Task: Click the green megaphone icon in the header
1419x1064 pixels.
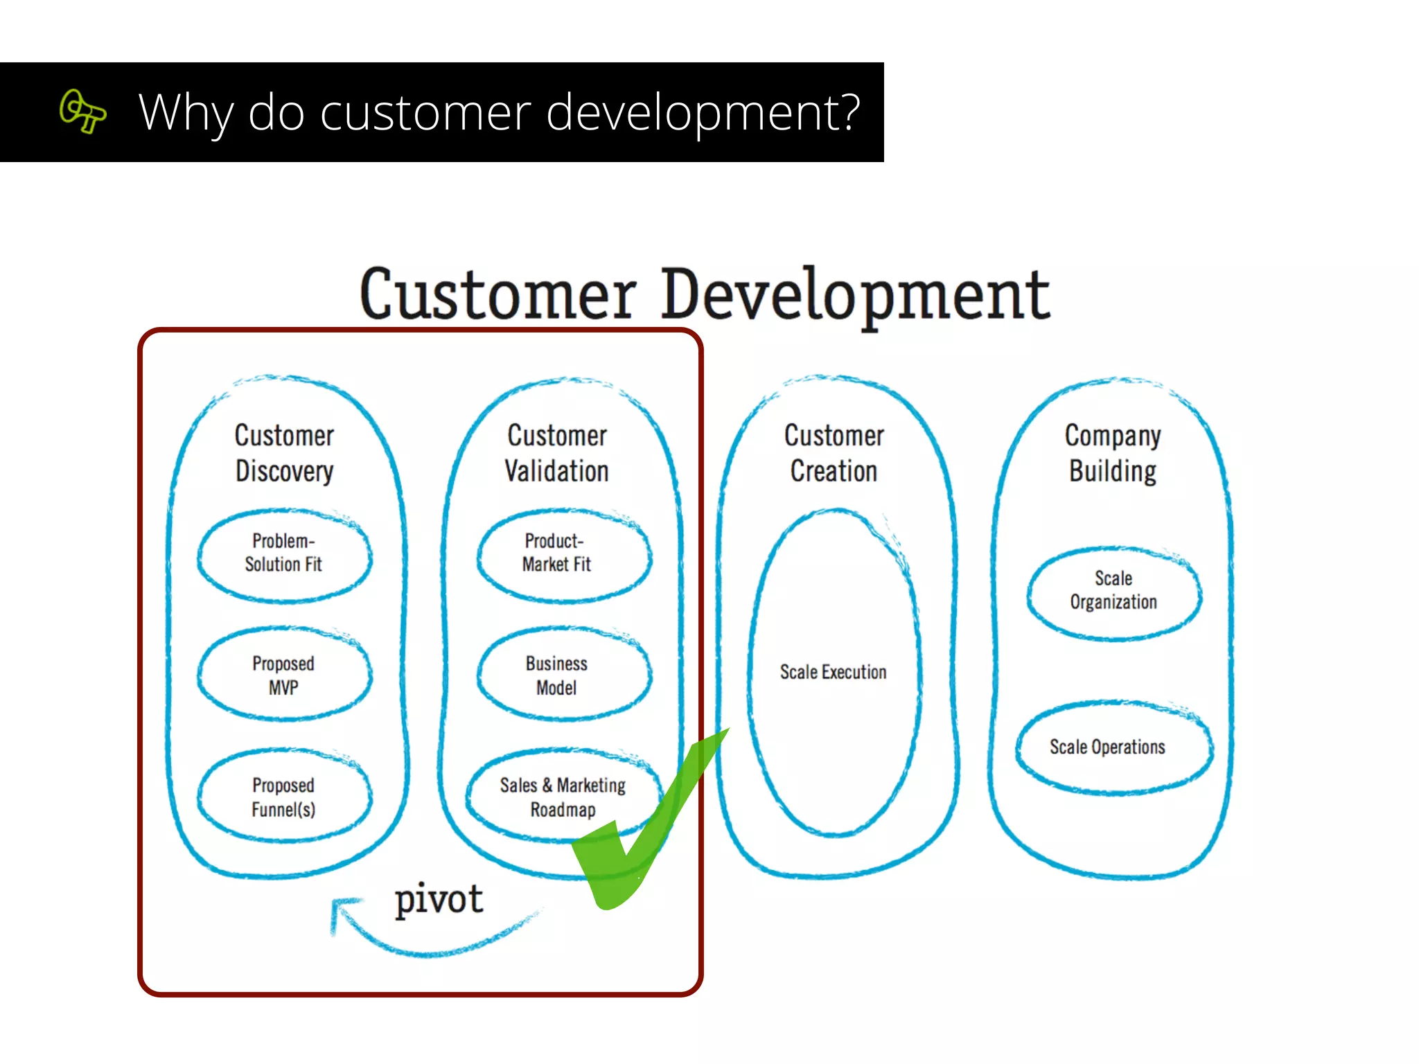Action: click(82, 112)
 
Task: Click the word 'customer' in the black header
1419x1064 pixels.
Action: click(424, 113)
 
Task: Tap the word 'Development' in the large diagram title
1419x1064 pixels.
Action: click(855, 295)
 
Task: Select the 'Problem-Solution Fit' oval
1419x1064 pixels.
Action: click(284, 554)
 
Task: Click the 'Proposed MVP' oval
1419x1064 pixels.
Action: click(284, 675)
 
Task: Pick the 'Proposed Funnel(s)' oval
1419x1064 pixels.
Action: click(284, 797)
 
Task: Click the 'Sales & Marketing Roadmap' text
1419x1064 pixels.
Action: click(563, 797)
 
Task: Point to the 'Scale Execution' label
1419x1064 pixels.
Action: click(833, 672)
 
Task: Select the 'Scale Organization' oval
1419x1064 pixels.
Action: click(1113, 592)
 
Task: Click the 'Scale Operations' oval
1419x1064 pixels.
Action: click(1109, 747)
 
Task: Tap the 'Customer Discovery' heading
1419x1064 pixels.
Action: click(284, 453)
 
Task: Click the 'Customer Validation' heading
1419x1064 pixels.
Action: click(557, 453)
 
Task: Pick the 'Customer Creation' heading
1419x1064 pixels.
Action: click(834, 453)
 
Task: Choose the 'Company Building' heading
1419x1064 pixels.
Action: click(1113, 453)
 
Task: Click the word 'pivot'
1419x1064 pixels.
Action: click(439, 900)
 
